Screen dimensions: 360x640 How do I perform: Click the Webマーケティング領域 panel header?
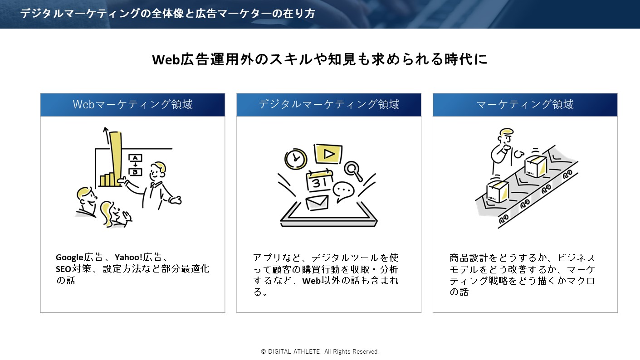coord(132,105)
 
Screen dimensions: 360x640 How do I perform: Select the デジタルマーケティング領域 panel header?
coord(329,105)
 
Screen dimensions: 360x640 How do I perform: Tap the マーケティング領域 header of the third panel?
coord(525,105)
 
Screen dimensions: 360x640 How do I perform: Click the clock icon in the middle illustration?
coord(296,158)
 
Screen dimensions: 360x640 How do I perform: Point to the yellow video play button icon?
coord(329,154)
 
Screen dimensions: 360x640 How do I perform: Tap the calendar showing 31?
coord(320,180)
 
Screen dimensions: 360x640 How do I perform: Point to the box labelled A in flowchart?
coord(135,158)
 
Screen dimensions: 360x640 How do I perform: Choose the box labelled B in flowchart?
coord(135,172)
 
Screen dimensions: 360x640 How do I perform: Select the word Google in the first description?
coord(69,258)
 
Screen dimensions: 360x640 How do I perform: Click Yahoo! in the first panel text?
coord(128,258)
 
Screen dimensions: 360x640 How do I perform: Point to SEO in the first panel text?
coord(63,269)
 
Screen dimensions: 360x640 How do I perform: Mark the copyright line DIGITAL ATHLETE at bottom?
coord(320,351)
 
